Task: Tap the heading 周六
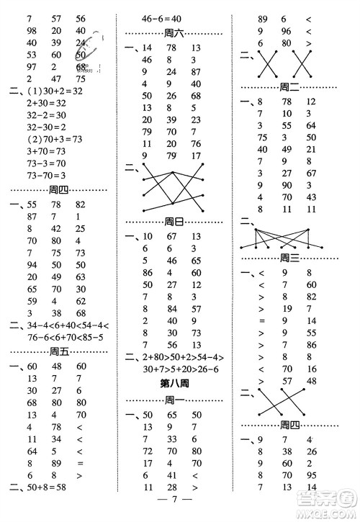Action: tap(174, 33)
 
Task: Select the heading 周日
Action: tap(174, 221)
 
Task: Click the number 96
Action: tap(285, 31)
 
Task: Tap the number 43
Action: tap(311, 197)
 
